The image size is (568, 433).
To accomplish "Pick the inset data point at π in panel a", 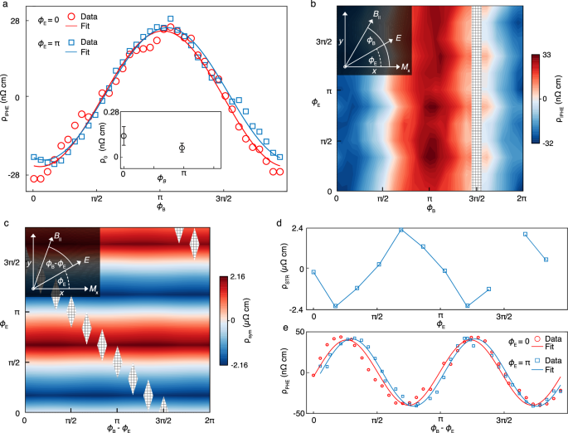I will click(182, 148).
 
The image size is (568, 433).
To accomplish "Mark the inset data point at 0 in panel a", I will click(124, 136).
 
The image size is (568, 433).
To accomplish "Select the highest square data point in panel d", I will click(401, 231).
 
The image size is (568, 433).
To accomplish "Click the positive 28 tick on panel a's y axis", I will click(16, 20).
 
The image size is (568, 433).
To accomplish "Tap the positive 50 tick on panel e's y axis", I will click(297, 333).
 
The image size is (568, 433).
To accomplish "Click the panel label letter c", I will click(6, 222).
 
